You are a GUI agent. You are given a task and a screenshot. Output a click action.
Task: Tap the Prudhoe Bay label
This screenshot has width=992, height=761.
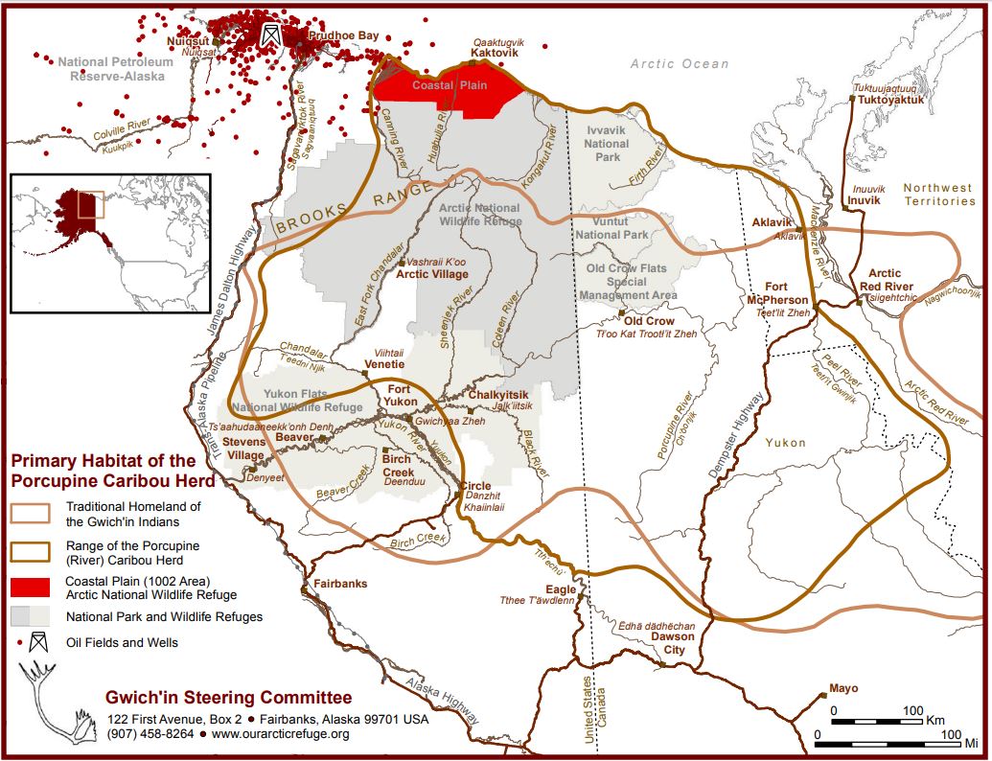tap(342, 35)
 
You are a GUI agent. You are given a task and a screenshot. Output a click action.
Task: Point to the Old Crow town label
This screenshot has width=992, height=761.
tap(649, 321)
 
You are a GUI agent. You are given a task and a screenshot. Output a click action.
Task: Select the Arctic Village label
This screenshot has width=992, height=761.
tap(432, 274)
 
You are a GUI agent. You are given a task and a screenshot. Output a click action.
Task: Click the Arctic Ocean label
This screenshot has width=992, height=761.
tap(679, 64)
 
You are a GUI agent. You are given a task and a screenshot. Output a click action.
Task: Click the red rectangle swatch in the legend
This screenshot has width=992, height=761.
tap(30, 587)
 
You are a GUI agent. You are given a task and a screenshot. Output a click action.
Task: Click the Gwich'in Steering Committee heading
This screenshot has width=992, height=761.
tap(229, 697)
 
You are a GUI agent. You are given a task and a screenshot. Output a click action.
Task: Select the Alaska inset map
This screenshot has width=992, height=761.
tap(109, 242)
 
